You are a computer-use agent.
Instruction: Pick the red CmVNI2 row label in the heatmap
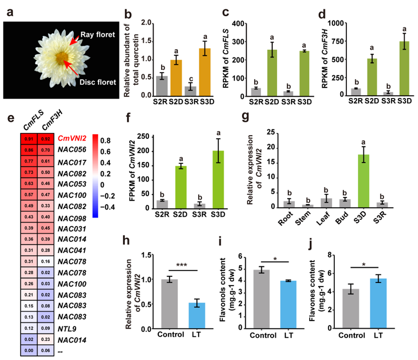73,137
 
